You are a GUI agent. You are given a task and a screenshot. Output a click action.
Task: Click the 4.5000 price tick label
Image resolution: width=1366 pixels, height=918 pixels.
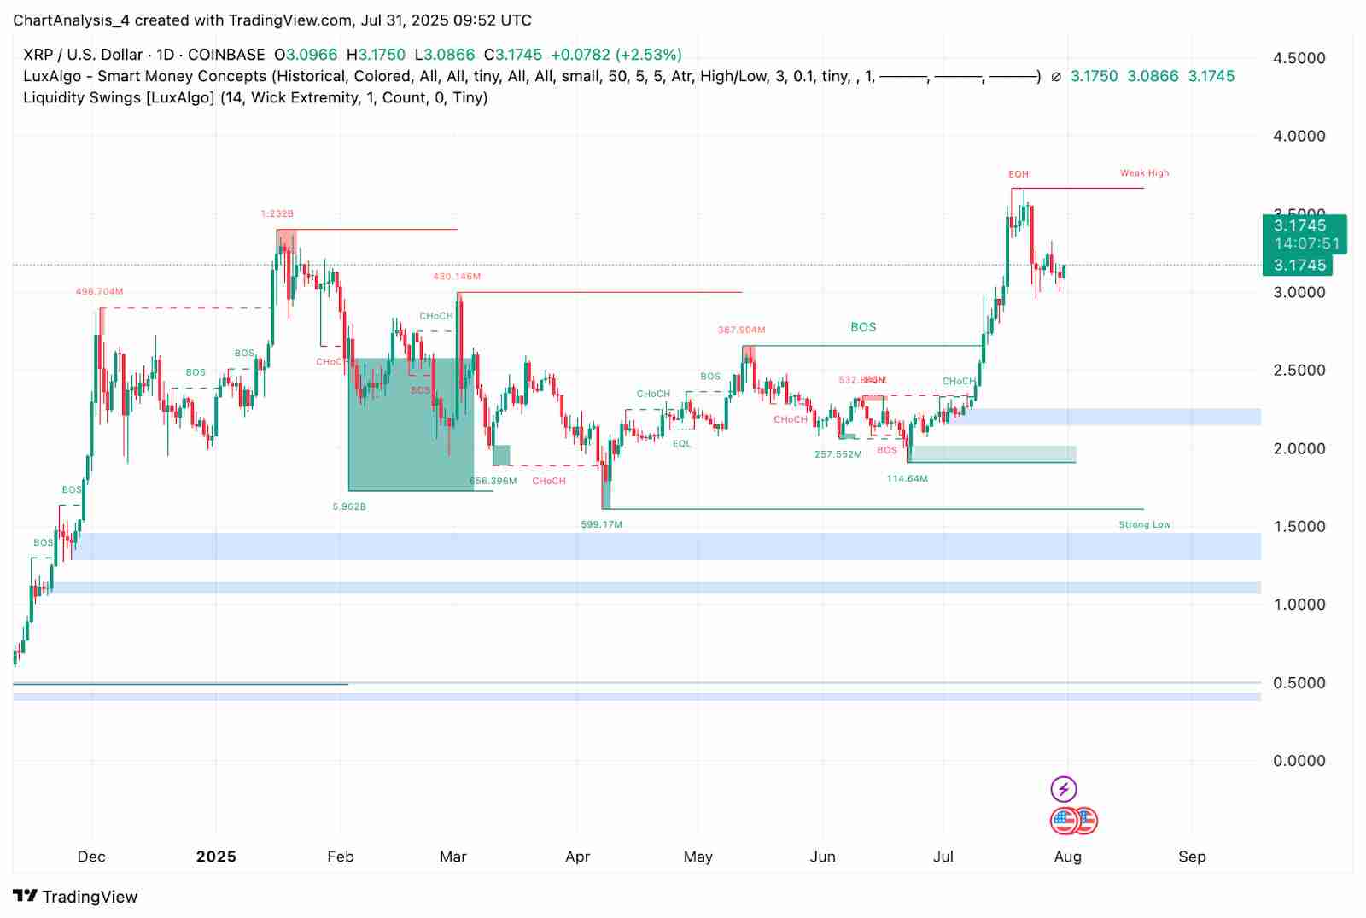[x=1299, y=58]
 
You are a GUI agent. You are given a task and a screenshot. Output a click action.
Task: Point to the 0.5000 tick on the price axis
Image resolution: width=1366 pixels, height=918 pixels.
[x=1299, y=682]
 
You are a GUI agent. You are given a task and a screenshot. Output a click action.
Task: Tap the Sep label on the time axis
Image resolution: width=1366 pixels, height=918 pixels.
[x=1192, y=857]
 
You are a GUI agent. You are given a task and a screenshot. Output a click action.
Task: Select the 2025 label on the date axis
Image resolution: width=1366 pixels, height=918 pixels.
[x=216, y=857]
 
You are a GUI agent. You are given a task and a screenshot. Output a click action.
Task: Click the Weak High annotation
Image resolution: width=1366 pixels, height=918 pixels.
[x=1144, y=173]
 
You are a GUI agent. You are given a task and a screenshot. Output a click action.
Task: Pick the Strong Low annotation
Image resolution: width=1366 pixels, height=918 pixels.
[x=1144, y=524]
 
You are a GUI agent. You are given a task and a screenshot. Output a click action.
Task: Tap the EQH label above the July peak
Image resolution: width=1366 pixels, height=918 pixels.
[x=1019, y=174]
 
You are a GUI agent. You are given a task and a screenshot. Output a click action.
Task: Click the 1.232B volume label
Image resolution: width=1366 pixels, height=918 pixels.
[x=277, y=214]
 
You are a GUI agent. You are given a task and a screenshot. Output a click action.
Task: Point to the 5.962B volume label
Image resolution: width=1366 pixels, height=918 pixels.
[x=349, y=506]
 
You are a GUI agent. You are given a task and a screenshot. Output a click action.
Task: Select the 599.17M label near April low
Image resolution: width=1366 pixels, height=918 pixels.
[x=601, y=524]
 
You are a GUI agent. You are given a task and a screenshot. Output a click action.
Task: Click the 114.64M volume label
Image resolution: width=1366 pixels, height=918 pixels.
[x=907, y=479]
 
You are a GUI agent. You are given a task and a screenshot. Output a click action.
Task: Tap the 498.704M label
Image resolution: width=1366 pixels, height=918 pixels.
[x=99, y=292]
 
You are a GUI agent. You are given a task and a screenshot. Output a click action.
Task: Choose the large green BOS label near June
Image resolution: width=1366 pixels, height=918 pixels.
[x=863, y=327]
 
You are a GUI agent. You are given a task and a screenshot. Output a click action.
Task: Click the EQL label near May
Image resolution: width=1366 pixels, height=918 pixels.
[x=681, y=444]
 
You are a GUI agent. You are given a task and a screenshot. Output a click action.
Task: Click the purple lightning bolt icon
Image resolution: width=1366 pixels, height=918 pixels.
[x=1063, y=788]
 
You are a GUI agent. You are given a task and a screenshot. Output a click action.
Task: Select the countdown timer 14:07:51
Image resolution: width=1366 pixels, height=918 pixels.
[x=1306, y=244]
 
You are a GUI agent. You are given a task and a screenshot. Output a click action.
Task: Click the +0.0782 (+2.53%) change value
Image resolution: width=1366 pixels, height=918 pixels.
[x=616, y=55]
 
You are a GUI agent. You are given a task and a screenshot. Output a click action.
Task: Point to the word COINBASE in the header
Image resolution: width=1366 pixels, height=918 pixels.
[x=226, y=55]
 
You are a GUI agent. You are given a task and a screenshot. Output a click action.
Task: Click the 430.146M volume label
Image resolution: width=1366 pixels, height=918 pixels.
[x=457, y=277]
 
